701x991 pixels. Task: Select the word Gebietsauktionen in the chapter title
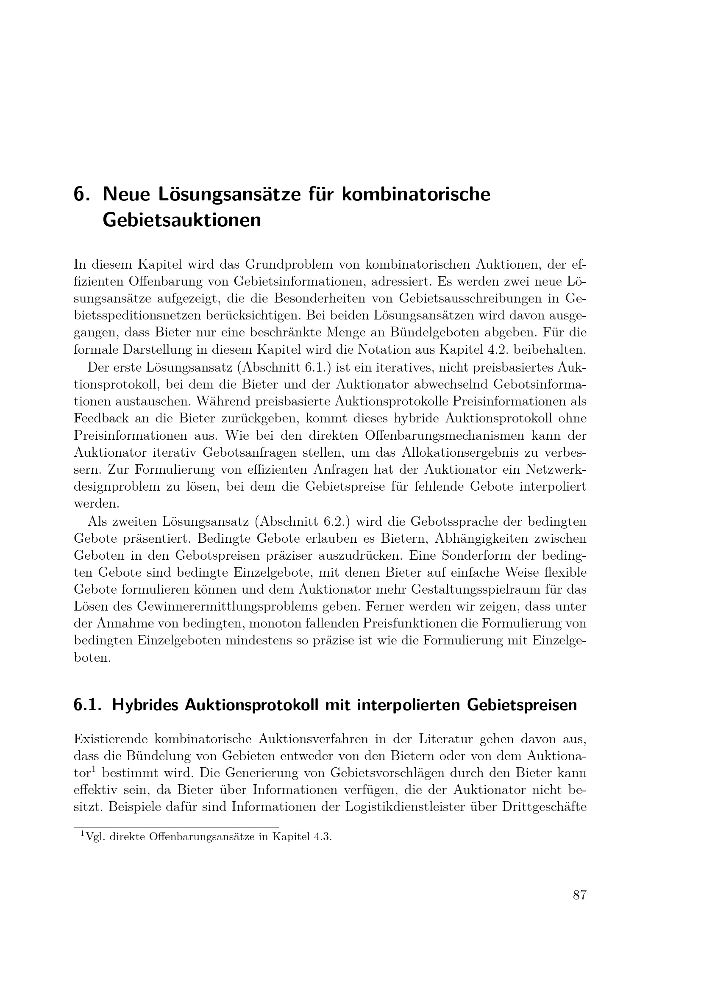pyautogui.click(x=182, y=221)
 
